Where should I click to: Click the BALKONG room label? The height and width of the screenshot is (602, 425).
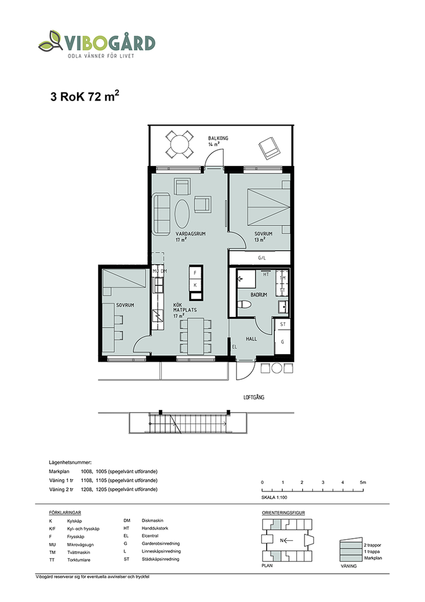coord(218,138)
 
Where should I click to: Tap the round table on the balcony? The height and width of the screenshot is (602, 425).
coord(179,144)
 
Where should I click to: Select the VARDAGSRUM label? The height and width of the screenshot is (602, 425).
coord(191,234)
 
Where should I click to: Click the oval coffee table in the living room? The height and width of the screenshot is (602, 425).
coord(183,214)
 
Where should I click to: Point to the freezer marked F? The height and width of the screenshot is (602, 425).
coord(195,273)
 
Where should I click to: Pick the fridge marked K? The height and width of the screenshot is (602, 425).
coord(195,285)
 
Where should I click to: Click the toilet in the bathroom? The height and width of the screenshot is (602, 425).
coord(244,304)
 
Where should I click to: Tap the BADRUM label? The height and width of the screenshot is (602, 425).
coord(259,295)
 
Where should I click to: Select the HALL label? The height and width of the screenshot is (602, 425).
coord(251,339)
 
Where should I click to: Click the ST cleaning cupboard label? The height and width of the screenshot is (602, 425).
coord(283,324)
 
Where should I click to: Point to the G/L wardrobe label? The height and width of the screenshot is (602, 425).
coord(262,258)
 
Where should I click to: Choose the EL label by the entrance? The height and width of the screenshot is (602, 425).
coord(234,347)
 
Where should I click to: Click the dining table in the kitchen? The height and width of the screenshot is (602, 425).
coord(196,336)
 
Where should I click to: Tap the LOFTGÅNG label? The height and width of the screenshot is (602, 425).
coord(254,397)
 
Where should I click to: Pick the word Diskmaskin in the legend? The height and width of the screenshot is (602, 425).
coord(152,521)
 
